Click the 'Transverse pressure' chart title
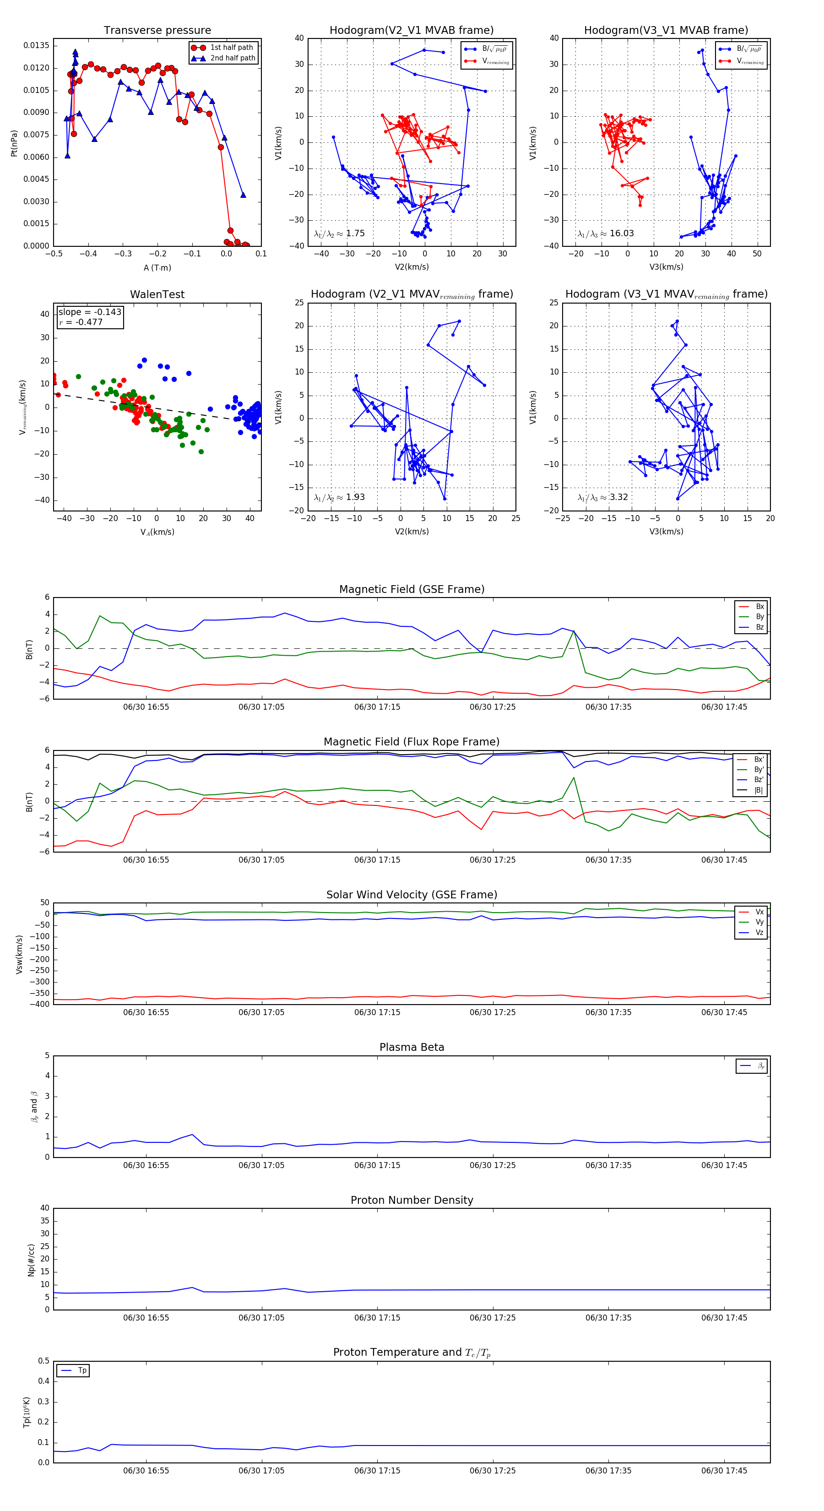point(157,31)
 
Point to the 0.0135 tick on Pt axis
point(36,46)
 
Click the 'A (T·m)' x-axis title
point(157,267)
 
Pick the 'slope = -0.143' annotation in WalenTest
point(90,312)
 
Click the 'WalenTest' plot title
point(157,294)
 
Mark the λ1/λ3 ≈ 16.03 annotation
point(605,234)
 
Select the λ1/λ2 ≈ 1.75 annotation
point(339,234)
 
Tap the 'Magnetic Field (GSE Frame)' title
point(412,589)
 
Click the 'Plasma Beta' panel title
point(412,1048)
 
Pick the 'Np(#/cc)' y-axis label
point(31,1259)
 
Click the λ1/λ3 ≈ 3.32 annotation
point(602,497)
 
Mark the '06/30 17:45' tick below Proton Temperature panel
point(724,1471)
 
